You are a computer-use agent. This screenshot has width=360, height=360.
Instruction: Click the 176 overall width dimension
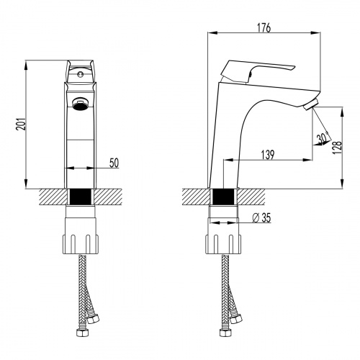tap(264, 28)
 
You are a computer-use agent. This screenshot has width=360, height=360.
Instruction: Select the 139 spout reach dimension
tap(267, 153)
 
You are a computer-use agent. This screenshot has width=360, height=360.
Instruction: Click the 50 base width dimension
tap(114, 163)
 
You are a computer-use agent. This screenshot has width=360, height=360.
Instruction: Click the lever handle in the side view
tap(259, 69)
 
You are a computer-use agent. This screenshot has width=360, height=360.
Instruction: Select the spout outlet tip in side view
tap(310, 107)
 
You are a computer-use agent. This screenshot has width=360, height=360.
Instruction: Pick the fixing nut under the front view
tap(81, 234)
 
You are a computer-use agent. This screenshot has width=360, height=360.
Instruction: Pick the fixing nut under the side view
tap(225, 234)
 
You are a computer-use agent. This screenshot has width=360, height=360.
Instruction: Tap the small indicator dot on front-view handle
tap(81, 73)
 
